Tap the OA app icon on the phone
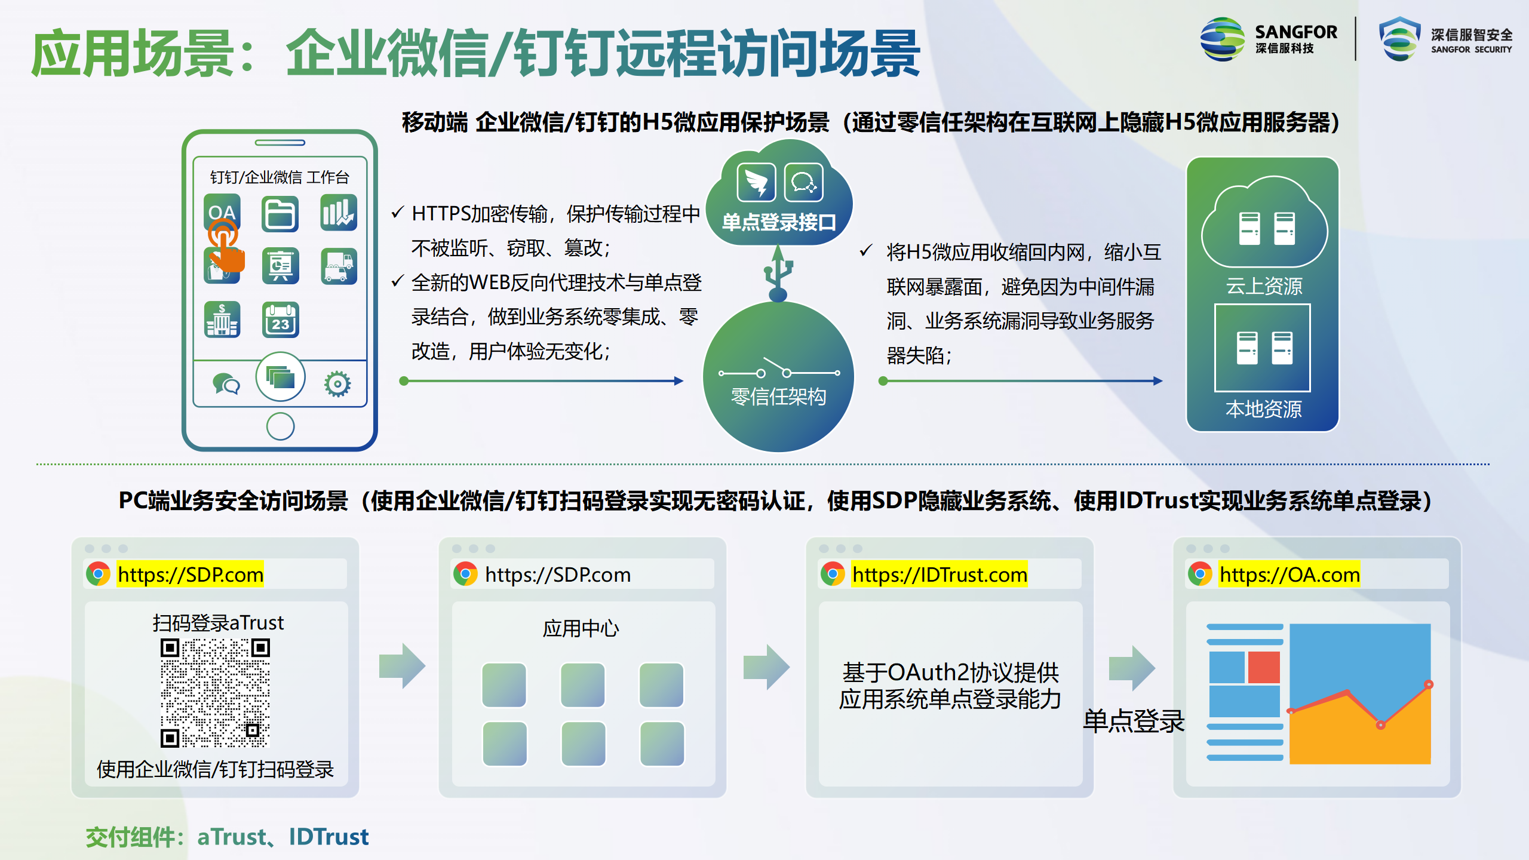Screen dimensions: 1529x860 pyautogui.click(x=222, y=213)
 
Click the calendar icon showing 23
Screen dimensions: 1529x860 pyautogui.click(x=281, y=320)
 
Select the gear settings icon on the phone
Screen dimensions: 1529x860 pyautogui.click(x=337, y=384)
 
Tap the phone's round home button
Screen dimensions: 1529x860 pyautogui.click(x=280, y=426)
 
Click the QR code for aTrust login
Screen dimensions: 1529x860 pyautogui.click(x=215, y=693)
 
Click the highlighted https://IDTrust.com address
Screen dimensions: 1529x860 pyautogui.click(x=939, y=575)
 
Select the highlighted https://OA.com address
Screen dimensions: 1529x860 pyautogui.click(x=1289, y=575)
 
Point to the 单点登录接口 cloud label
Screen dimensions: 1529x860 pyautogui.click(x=779, y=223)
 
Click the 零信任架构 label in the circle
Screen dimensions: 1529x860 pyautogui.click(x=779, y=397)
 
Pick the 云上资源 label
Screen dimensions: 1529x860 pyautogui.click(x=1264, y=286)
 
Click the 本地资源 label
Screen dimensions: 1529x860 pyautogui.click(x=1264, y=409)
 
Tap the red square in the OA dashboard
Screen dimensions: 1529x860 pyautogui.click(x=1264, y=667)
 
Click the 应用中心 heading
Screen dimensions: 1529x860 pyautogui.click(x=581, y=628)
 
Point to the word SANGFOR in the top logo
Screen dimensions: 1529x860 pyautogui.click(x=1296, y=32)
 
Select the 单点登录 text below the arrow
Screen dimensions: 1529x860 pyautogui.click(x=1134, y=721)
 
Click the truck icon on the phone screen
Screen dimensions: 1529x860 pyautogui.click(x=339, y=266)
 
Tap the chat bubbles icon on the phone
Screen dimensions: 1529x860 pyautogui.click(x=226, y=384)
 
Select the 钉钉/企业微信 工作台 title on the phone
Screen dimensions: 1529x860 pyautogui.click(x=280, y=177)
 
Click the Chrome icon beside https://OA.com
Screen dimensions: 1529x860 pyautogui.click(x=1200, y=575)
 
